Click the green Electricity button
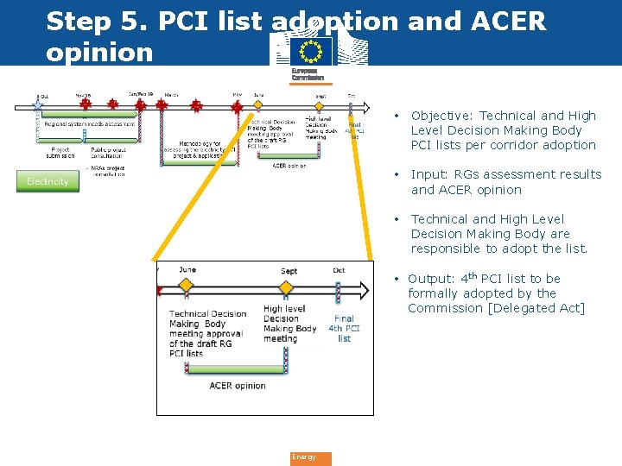coord(48,181)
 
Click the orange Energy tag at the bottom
coord(309,457)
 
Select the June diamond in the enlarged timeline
coord(187,281)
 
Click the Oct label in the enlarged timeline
coord(339,270)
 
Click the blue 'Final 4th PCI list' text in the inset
coord(344,329)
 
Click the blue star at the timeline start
coord(37,104)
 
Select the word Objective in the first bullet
coord(441,116)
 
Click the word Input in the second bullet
coord(428,174)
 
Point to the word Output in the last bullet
coord(430,279)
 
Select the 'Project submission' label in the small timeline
coord(60,152)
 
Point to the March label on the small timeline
coord(171,95)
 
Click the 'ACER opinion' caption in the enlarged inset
coord(238,386)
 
